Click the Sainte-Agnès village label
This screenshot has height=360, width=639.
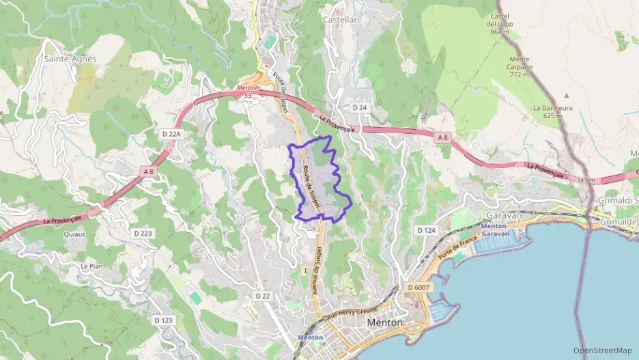70,59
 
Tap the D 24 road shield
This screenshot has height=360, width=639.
360,108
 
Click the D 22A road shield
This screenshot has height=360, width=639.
172,134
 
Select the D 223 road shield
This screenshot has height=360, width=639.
143,233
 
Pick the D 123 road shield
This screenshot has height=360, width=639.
163,320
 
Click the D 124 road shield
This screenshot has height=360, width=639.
426,230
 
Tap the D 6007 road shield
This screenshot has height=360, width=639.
418,288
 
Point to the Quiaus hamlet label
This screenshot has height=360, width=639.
75,234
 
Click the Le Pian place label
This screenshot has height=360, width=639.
91,266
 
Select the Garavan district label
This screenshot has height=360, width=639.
506,215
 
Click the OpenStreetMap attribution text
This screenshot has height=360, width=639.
603,350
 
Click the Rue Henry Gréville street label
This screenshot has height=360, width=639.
352,311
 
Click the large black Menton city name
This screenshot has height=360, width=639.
385,322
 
